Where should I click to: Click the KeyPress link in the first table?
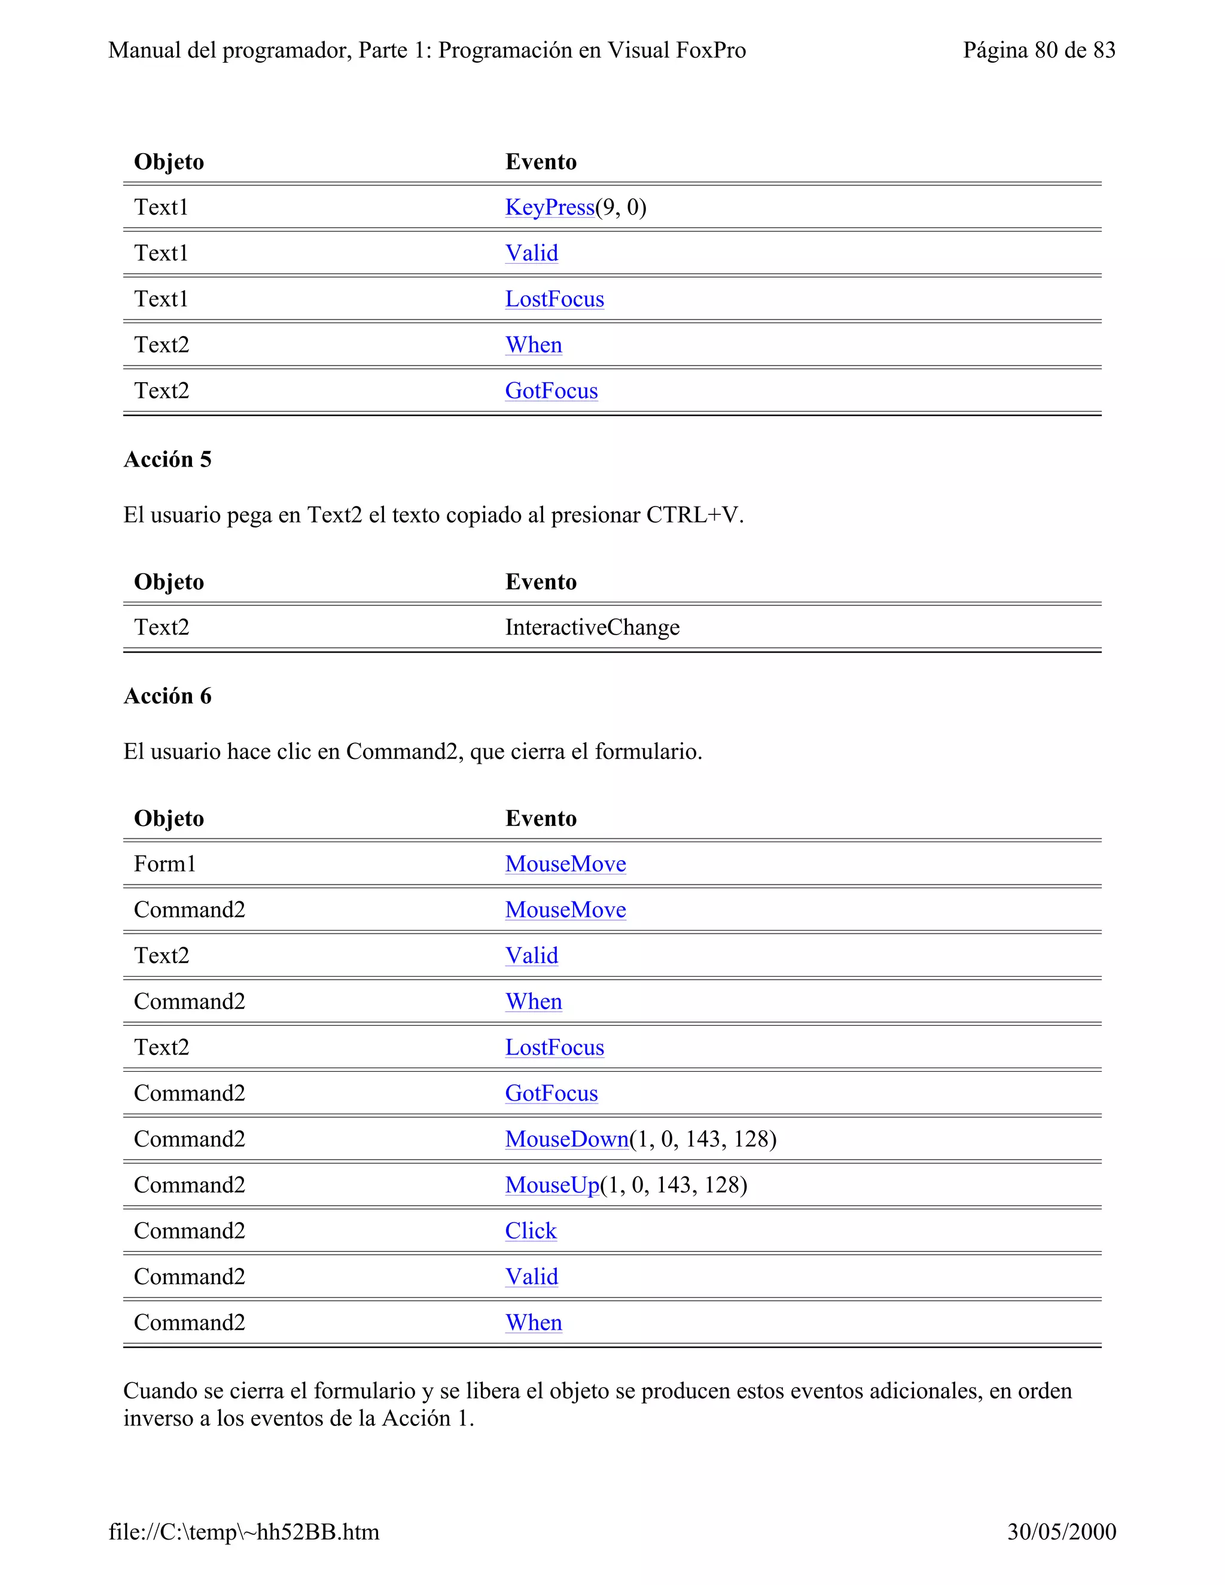click(549, 208)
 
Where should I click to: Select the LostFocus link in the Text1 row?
click(554, 299)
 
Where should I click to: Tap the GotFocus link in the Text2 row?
click(551, 391)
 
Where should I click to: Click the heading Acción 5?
click(167, 459)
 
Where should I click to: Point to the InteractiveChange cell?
click(592, 627)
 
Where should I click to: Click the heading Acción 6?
click(167, 696)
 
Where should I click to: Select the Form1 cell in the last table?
click(164, 864)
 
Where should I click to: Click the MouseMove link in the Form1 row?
click(565, 864)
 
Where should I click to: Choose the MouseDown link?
click(567, 1139)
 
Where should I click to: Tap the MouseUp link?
click(552, 1184)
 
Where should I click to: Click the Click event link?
click(531, 1230)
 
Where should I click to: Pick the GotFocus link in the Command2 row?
click(551, 1093)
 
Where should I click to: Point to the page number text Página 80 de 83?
click(1038, 50)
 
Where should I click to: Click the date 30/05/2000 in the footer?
click(1061, 1531)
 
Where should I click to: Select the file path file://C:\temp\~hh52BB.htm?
click(244, 1531)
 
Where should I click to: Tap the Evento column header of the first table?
click(541, 162)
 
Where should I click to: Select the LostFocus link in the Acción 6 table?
click(554, 1047)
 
